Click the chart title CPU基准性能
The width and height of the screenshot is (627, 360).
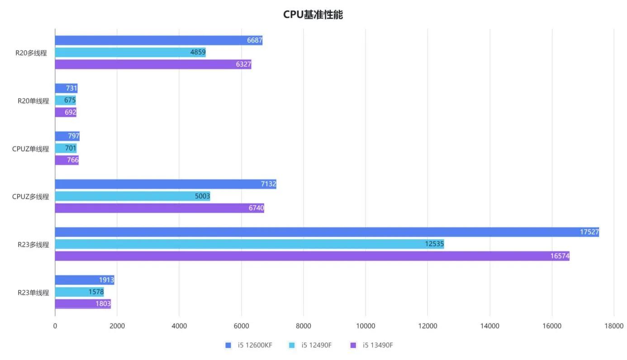point(313,15)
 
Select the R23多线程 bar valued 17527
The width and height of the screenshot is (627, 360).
point(327,232)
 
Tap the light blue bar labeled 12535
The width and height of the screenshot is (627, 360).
point(249,244)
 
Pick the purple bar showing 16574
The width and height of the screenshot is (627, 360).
point(312,256)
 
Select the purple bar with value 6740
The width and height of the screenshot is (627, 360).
point(159,208)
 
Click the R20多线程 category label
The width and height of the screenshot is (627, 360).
point(31,52)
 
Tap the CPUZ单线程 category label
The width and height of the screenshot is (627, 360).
point(30,148)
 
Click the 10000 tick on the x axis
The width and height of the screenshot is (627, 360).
point(366,326)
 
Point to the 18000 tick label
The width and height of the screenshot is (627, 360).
point(613,326)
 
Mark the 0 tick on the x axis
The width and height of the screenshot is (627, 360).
point(55,326)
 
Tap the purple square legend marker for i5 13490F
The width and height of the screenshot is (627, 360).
point(353,346)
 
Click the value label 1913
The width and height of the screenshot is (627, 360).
point(106,280)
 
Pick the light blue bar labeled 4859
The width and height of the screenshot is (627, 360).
point(130,52)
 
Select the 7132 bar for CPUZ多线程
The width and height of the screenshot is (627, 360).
point(166,184)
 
